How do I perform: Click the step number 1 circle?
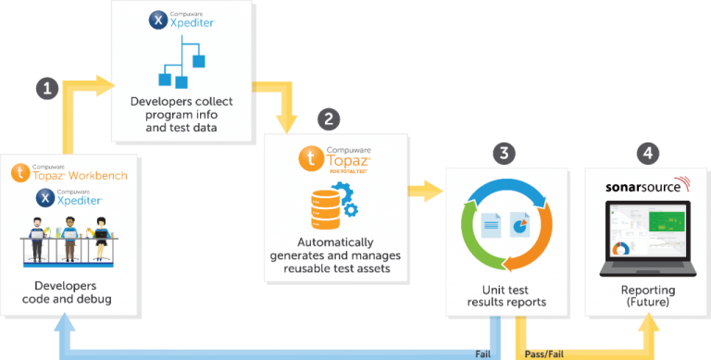48,89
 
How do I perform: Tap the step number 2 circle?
328,119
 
